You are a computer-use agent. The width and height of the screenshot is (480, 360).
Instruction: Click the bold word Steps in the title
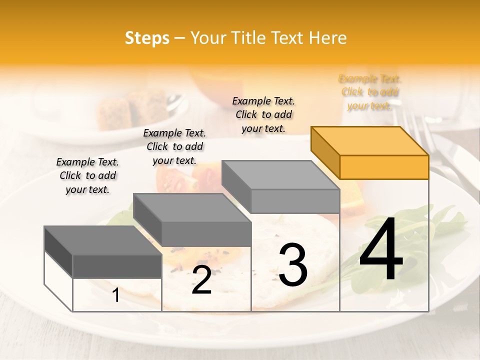pos(147,38)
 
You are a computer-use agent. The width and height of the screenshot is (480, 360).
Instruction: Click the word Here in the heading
pos(327,38)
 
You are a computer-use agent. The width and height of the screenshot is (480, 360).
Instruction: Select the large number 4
pos(381,250)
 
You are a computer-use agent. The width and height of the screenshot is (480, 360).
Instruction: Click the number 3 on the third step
pos(293,265)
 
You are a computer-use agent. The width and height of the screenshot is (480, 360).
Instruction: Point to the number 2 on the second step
pos(201,280)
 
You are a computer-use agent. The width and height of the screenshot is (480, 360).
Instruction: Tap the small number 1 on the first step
pos(116,295)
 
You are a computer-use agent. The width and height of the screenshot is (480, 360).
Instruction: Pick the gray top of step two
pos(192,207)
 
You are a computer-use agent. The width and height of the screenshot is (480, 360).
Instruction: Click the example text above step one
pos(87,176)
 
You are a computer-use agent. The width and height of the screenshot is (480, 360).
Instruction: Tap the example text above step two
pos(174,147)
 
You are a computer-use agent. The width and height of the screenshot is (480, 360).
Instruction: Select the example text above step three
pos(263,115)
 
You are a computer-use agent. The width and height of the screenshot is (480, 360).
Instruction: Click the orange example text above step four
pos(370,92)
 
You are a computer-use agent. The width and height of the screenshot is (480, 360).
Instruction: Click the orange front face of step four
pos(384,167)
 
